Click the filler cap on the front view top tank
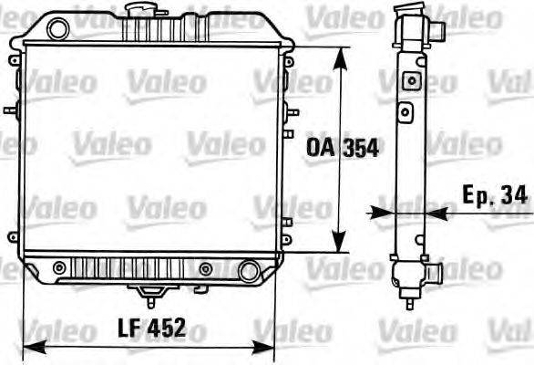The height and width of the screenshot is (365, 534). pyautogui.click(x=141, y=13)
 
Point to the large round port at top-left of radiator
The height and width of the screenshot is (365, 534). pyautogui.click(x=57, y=29)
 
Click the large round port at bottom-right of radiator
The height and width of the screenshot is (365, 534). pyautogui.click(x=248, y=271)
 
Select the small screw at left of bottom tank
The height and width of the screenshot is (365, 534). pyautogui.click(x=60, y=267)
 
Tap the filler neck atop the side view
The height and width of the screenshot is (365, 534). pyautogui.click(x=406, y=13)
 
